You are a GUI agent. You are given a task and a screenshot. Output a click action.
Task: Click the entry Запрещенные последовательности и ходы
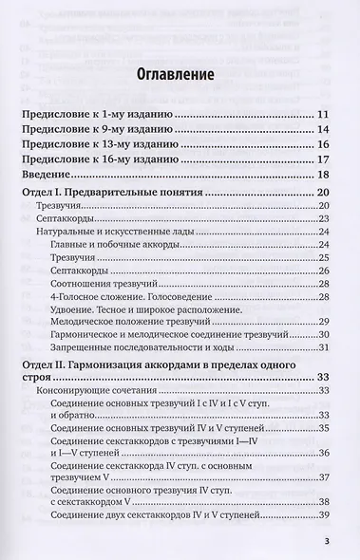tap(126, 349)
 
